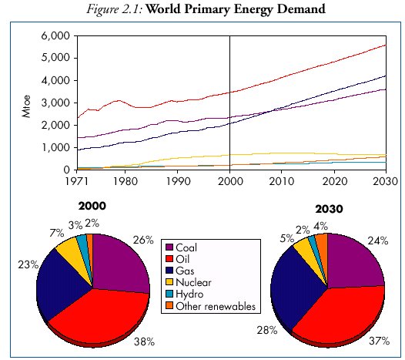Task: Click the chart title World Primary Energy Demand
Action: point(243,10)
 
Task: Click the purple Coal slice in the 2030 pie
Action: point(354,262)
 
